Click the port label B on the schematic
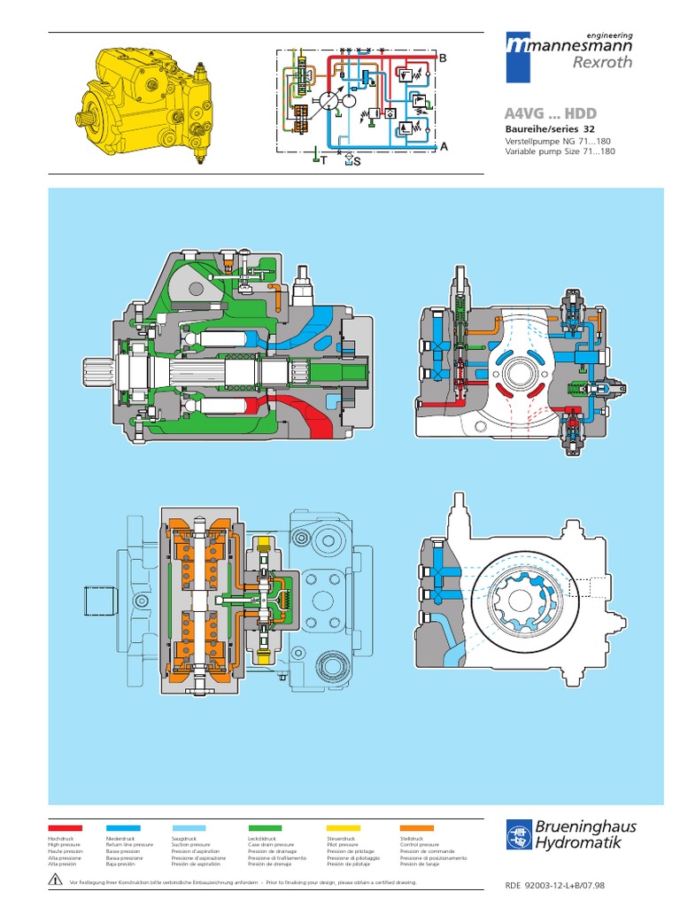pyautogui.click(x=443, y=58)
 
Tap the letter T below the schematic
pyautogui.click(x=323, y=161)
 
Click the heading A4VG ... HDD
pyautogui.click(x=550, y=114)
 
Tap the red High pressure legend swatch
pyautogui.click(x=66, y=826)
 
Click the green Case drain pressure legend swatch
pyautogui.click(x=265, y=826)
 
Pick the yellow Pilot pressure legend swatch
pyautogui.click(x=344, y=826)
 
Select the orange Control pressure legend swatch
pyautogui.click(x=417, y=826)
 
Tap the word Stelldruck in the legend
pyautogui.click(x=413, y=838)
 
